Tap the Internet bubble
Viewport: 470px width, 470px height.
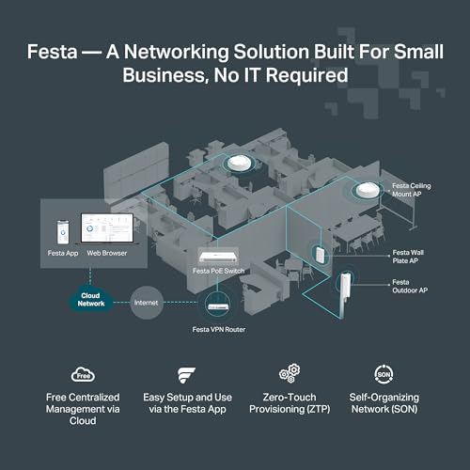pyautogui.click(x=148, y=303)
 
